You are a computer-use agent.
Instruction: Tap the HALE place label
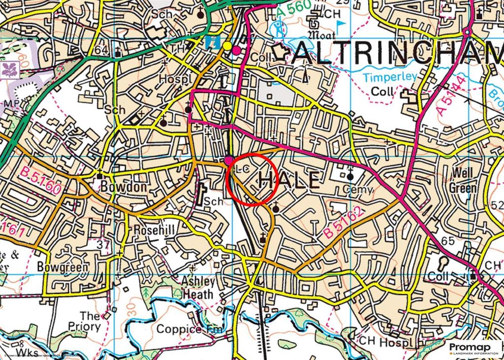[x=288, y=181]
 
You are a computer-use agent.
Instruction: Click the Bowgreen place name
[x=63, y=267]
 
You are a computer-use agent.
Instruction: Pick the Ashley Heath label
[x=198, y=288]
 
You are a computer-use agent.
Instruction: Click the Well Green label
[x=463, y=180]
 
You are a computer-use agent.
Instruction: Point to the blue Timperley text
[x=390, y=77]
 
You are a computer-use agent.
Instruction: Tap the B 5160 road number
[x=41, y=181]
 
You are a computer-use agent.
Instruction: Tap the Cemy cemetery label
[x=358, y=190]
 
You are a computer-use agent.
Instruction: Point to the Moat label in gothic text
[x=321, y=35]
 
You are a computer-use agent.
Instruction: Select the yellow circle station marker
[x=227, y=46]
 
